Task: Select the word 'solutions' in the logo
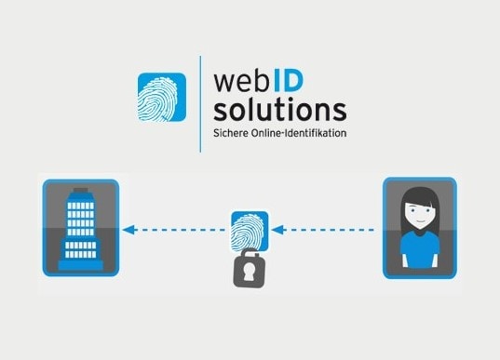279,111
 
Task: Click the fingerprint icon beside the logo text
162,98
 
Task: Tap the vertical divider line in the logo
200,102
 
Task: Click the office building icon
80,228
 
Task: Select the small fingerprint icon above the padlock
249,230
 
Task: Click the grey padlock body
249,271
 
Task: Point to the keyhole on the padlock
249,270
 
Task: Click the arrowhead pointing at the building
128,229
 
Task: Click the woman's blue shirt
418,253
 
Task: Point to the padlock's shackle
249,252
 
